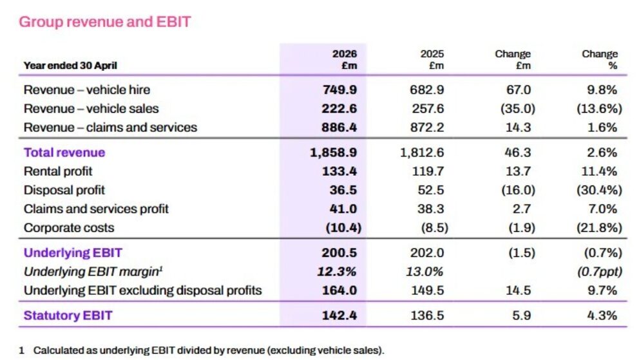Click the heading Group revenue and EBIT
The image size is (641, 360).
tap(104, 22)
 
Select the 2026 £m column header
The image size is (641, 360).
tap(344, 60)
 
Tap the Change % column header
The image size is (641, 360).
tap(600, 60)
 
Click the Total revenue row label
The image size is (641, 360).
tap(64, 153)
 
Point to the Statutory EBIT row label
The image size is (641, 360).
tap(68, 316)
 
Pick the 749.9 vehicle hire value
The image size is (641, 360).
tap(340, 90)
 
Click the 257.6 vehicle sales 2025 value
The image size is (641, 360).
tap(428, 108)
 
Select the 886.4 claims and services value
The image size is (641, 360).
tap(339, 127)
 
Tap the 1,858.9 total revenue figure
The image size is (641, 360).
tap(333, 153)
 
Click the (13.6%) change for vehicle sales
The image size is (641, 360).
tap(599, 108)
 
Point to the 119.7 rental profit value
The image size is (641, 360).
tap(428, 171)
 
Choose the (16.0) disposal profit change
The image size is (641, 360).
tap(518, 190)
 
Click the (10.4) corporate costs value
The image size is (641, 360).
tap(343, 227)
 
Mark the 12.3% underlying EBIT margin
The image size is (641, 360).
tap(336, 271)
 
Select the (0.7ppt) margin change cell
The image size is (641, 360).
tap(599, 271)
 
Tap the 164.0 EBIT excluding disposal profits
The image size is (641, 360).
tap(340, 290)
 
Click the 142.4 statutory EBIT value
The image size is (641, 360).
tap(340, 316)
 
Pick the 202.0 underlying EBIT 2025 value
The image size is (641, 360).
tap(427, 252)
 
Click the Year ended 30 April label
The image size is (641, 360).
tap(70, 66)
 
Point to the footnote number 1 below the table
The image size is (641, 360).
tap(21, 350)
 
